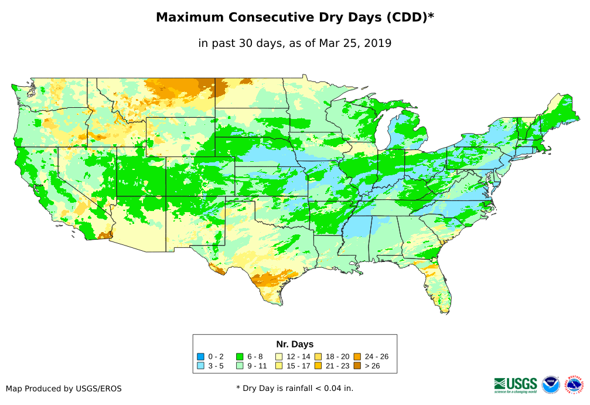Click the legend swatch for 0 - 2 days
[201, 356]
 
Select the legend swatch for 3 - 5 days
[201, 366]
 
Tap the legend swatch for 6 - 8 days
[240, 356]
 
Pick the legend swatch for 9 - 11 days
[240, 366]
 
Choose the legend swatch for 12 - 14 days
[279, 356]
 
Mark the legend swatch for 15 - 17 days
[279, 366]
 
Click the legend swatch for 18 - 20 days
[318, 356]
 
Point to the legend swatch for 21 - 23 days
[318, 366]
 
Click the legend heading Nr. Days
[295, 344]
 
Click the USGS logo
[516, 384]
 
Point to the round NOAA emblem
[551, 384]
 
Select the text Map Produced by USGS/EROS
[64, 389]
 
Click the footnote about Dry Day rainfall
[295, 388]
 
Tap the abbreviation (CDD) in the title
[409, 18]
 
